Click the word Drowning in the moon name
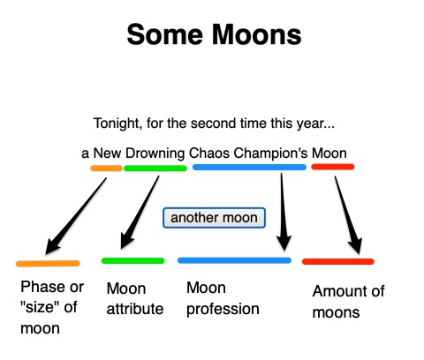(x=154, y=152)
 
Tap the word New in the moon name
(x=105, y=152)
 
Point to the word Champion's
(x=271, y=152)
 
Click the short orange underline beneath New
(x=106, y=168)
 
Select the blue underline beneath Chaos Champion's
(x=249, y=167)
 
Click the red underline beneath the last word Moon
(x=332, y=167)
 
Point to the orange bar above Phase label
(x=48, y=263)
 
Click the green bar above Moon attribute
(x=133, y=260)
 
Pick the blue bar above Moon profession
(x=234, y=260)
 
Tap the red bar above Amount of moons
(x=337, y=261)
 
